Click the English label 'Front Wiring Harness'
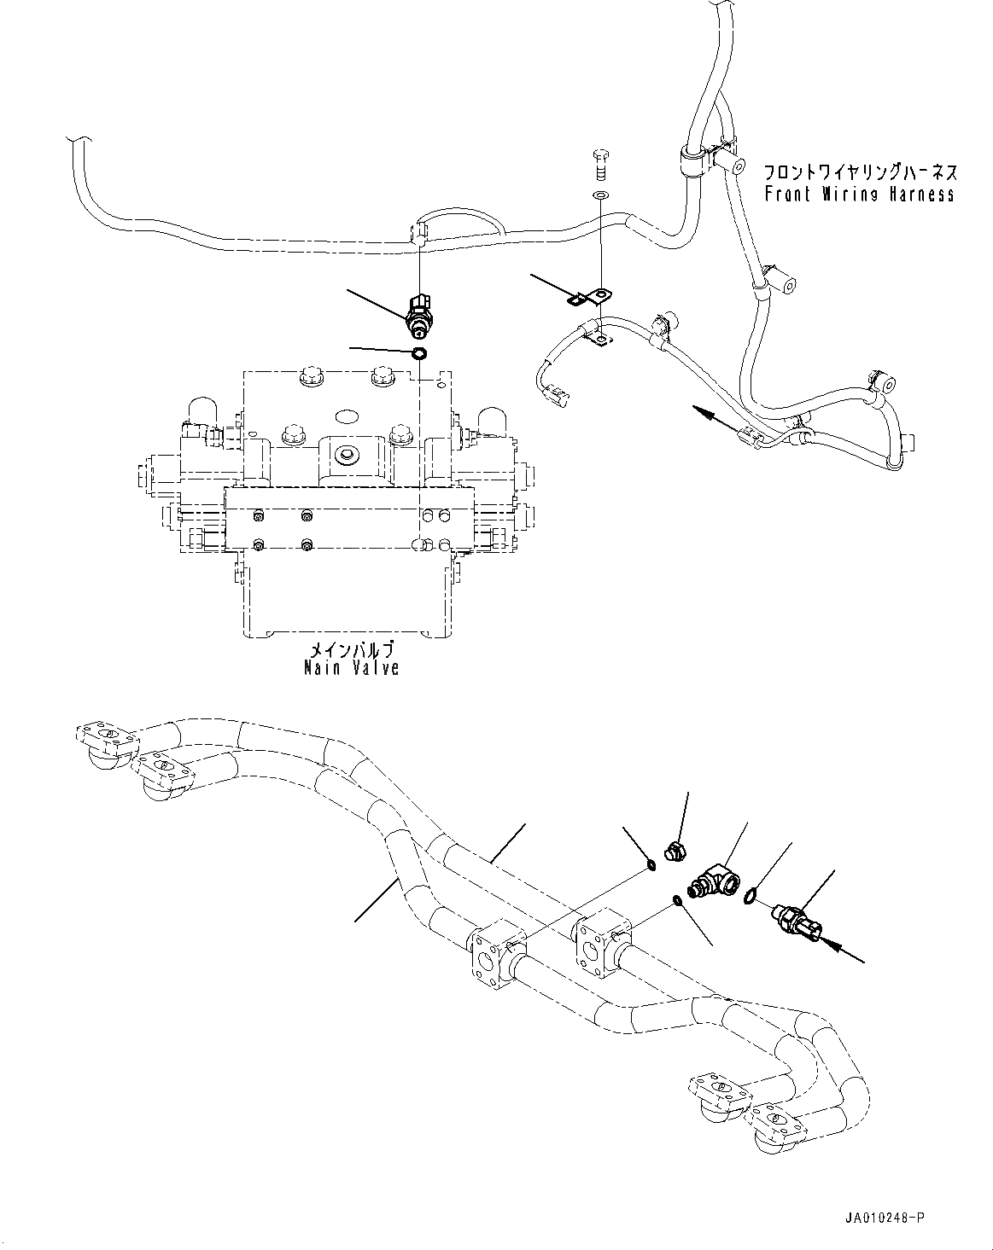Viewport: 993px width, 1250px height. pyautogui.click(x=859, y=195)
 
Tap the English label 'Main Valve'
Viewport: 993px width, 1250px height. pyautogui.click(x=351, y=667)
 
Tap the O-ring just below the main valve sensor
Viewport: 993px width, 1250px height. pyautogui.click(x=418, y=353)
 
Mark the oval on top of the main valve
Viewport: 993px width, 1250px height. pyautogui.click(x=349, y=417)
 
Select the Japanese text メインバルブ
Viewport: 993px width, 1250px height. pyautogui.click(x=351, y=648)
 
